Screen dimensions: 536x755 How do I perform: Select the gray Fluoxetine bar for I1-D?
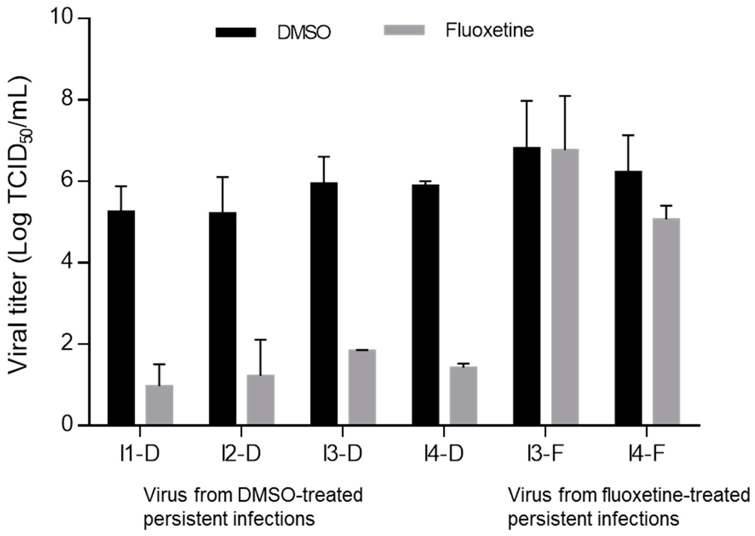159,404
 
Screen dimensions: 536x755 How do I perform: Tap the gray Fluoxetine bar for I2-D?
260,399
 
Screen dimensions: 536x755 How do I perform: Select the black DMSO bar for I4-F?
628,297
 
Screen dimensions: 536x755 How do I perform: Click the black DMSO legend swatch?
236,32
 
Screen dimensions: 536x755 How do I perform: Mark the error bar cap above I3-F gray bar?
565,96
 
